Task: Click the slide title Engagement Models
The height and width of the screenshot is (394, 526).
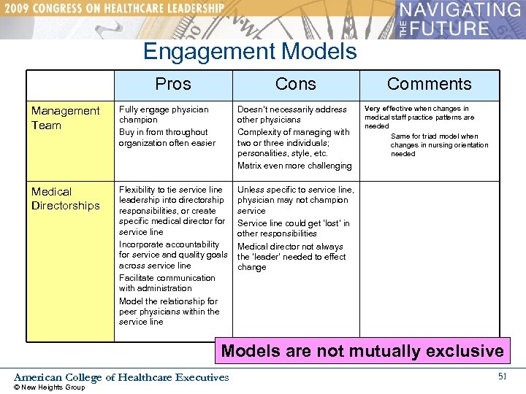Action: click(x=250, y=52)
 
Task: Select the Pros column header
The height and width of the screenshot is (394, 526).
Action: click(x=173, y=84)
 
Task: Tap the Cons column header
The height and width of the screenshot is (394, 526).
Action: click(x=295, y=84)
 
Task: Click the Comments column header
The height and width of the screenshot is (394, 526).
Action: click(x=429, y=84)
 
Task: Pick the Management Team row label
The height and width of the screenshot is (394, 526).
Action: click(x=65, y=117)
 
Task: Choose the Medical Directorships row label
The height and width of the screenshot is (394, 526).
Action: click(x=65, y=198)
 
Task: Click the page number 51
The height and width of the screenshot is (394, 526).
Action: click(x=502, y=376)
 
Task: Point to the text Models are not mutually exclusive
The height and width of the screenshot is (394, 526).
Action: click(x=362, y=351)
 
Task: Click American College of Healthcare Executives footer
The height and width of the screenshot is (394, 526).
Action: click(x=121, y=377)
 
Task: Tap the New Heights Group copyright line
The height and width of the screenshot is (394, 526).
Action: click(x=50, y=387)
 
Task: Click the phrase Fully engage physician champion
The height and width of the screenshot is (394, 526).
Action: click(x=164, y=115)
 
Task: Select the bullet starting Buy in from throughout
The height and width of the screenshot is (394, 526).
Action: click(x=167, y=137)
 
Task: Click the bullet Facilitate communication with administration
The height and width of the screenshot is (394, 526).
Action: click(x=167, y=283)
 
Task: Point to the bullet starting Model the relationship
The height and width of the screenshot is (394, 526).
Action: click(x=169, y=311)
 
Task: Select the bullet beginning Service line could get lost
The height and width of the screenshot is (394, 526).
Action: click(x=293, y=228)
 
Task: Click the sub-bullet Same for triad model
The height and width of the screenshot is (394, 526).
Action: click(x=439, y=144)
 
